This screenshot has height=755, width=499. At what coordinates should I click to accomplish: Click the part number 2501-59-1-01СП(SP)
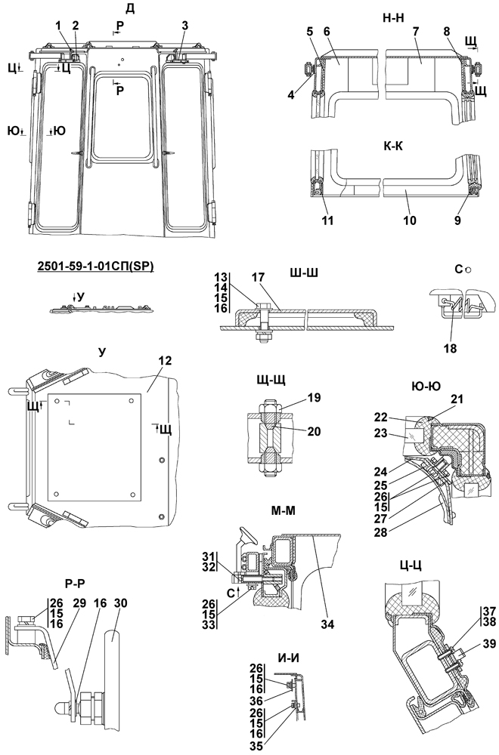95,267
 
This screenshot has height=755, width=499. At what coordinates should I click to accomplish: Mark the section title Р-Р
75,582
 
